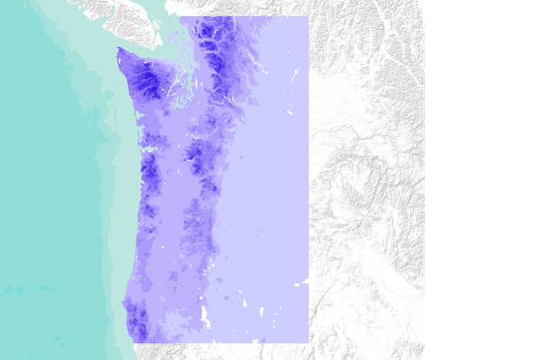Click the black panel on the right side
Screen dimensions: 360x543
[484, 180]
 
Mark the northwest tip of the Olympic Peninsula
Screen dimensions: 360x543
[118, 50]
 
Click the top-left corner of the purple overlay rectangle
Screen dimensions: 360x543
[180, 17]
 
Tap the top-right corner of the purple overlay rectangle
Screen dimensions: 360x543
[308, 17]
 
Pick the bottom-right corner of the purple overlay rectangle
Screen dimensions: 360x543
[308, 342]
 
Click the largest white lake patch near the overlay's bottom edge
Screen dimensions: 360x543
[206, 314]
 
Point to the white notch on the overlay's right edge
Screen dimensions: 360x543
[305, 282]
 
